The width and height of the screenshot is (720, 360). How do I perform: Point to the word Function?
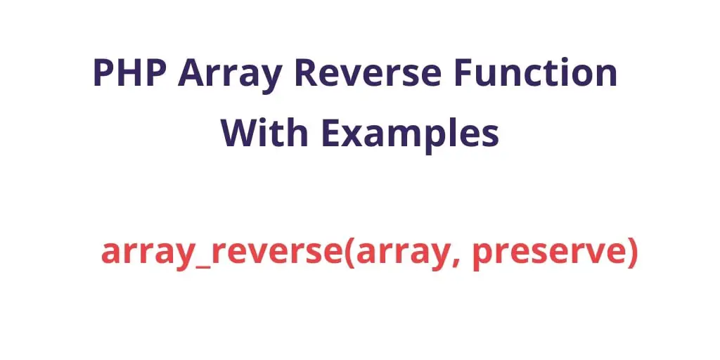[x=535, y=72]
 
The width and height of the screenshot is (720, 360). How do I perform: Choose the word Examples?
[x=410, y=136]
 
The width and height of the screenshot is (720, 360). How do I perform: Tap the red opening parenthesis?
[x=350, y=252]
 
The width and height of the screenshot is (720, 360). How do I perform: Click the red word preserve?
[x=548, y=255]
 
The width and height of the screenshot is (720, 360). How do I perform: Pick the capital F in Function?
[x=464, y=73]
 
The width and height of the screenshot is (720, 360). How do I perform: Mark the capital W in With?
[x=240, y=132]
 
